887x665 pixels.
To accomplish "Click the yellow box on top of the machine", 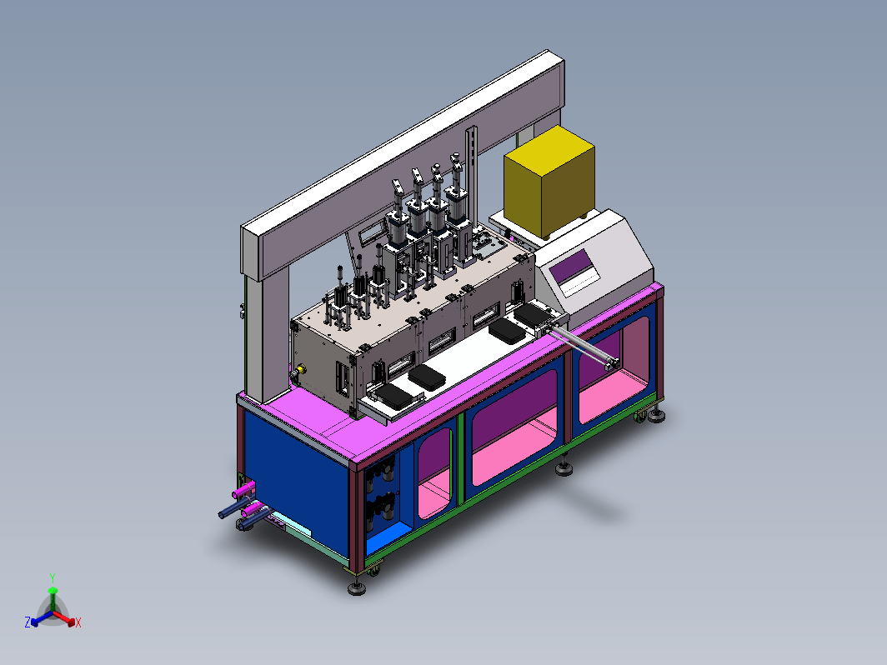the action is tap(549, 181).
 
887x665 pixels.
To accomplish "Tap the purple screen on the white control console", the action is tap(572, 267).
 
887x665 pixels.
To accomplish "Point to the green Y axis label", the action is tap(52, 578).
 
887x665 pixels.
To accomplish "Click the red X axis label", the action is tap(78, 622).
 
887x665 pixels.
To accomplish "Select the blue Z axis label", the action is tap(28, 622).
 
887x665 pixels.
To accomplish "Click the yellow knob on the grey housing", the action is tap(300, 369).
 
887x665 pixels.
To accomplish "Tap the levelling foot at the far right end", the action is tap(656, 416).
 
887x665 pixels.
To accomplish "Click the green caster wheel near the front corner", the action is tap(373, 572).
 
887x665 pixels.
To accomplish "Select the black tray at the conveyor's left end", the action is tap(393, 395).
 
